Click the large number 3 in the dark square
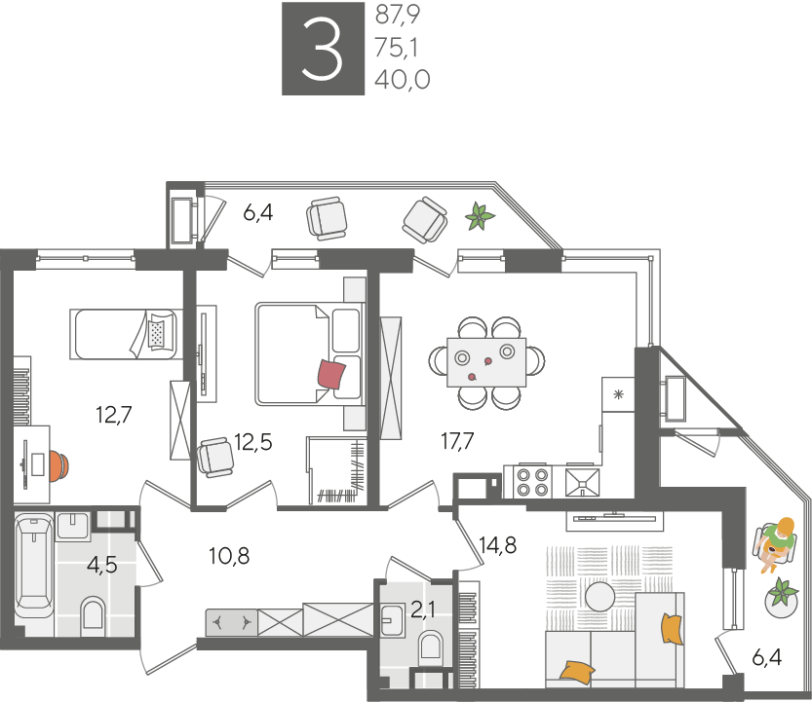pyautogui.click(x=322, y=49)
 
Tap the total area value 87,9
pyautogui.click(x=397, y=15)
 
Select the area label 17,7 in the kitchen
pyautogui.click(x=457, y=441)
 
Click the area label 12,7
pyautogui.click(x=114, y=415)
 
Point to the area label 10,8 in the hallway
pyautogui.click(x=229, y=556)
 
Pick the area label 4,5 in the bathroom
pyautogui.click(x=102, y=565)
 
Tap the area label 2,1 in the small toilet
pyautogui.click(x=423, y=610)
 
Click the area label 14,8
pyautogui.click(x=498, y=544)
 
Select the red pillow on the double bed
pyautogui.click(x=331, y=374)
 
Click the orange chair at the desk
pyautogui.click(x=59, y=466)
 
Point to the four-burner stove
pyautogui.click(x=533, y=482)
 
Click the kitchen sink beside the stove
pyautogui.click(x=582, y=482)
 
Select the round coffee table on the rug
pyautogui.click(x=600, y=597)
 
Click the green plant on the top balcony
pyautogui.click(x=480, y=217)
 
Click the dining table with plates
pyautogui.click(x=486, y=362)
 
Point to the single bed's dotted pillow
pyautogui.click(x=156, y=333)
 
